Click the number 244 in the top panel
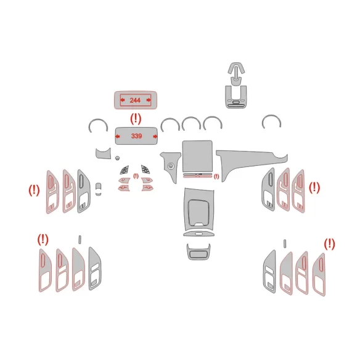pos(135,100)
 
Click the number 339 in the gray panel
pos(135,135)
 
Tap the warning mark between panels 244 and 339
pos(135,117)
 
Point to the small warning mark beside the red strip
pos(216,176)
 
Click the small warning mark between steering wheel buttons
pos(136,176)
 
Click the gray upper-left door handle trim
pos(84,190)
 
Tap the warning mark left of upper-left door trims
pos(34,190)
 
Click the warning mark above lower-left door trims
pos(43,239)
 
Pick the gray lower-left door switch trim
pos(96,268)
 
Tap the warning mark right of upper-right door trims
pos(314,187)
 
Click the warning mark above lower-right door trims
pos(330,243)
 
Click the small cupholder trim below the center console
pos(198,253)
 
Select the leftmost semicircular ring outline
pos(98,126)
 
